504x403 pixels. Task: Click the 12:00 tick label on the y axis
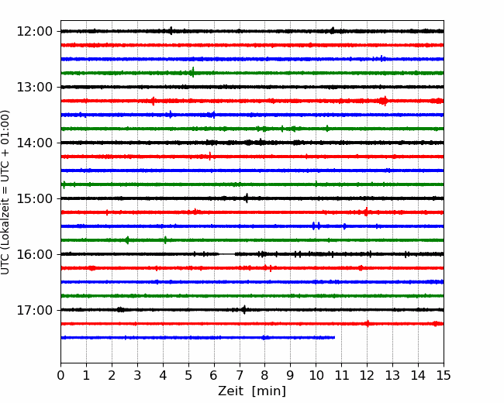[34, 32]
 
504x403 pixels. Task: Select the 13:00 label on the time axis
[34, 87]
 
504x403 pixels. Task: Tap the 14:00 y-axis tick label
[34, 143]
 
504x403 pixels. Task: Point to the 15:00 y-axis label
[34, 198]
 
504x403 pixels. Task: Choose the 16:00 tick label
[34, 254]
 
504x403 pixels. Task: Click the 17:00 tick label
[34, 310]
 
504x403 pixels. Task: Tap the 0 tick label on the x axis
[60, 375]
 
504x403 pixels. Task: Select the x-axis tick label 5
[188, 375]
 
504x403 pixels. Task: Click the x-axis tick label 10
[316, 375]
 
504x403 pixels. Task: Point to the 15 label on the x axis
[444, 375]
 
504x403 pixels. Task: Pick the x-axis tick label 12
[367, 375]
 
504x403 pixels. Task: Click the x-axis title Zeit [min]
[252, 391]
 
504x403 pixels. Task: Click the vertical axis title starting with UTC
[5, 192]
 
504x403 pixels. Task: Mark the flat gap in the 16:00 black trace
[227, 254]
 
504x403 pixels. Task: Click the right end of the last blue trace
[335, 337]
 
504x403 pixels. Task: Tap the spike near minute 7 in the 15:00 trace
[247, 198]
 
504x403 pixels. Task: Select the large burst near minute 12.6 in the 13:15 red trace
[383, 101]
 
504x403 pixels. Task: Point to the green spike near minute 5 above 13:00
[193, 72]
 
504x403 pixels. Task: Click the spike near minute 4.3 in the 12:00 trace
[171, 31]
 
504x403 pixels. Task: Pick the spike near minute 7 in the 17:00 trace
[244, 309]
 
